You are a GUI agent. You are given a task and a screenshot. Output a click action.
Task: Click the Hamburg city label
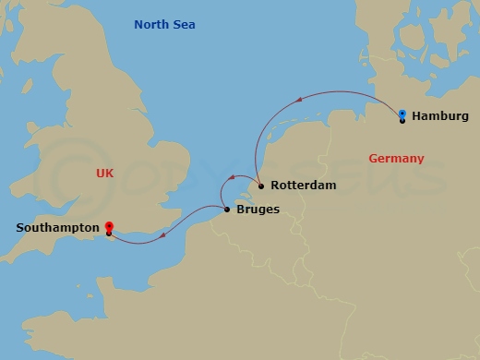440,116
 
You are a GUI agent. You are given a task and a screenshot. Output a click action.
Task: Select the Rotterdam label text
303,186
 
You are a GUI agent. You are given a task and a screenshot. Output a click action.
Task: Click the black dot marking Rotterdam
261,186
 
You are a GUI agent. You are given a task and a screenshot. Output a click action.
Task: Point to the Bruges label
258,210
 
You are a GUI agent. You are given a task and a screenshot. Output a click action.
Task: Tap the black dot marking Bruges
227,210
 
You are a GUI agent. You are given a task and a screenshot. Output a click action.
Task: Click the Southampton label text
57,226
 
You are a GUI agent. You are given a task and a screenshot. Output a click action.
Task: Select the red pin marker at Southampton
109,226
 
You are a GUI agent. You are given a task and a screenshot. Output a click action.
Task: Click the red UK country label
106,174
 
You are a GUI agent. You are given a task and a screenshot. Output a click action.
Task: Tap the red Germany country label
396,159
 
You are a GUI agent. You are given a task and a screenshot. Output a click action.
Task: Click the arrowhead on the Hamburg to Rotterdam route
299,99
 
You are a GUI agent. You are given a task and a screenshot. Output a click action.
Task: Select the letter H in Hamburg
416,116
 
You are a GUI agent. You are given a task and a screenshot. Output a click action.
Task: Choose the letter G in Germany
373,159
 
